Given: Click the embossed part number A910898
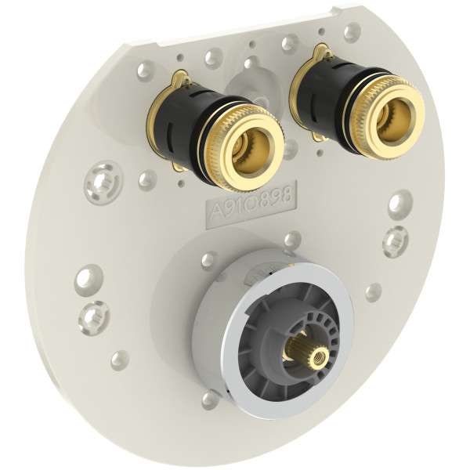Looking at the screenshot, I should (251, 202).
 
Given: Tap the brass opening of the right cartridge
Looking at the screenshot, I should (389, 117).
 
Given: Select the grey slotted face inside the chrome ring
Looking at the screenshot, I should (274, 329).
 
